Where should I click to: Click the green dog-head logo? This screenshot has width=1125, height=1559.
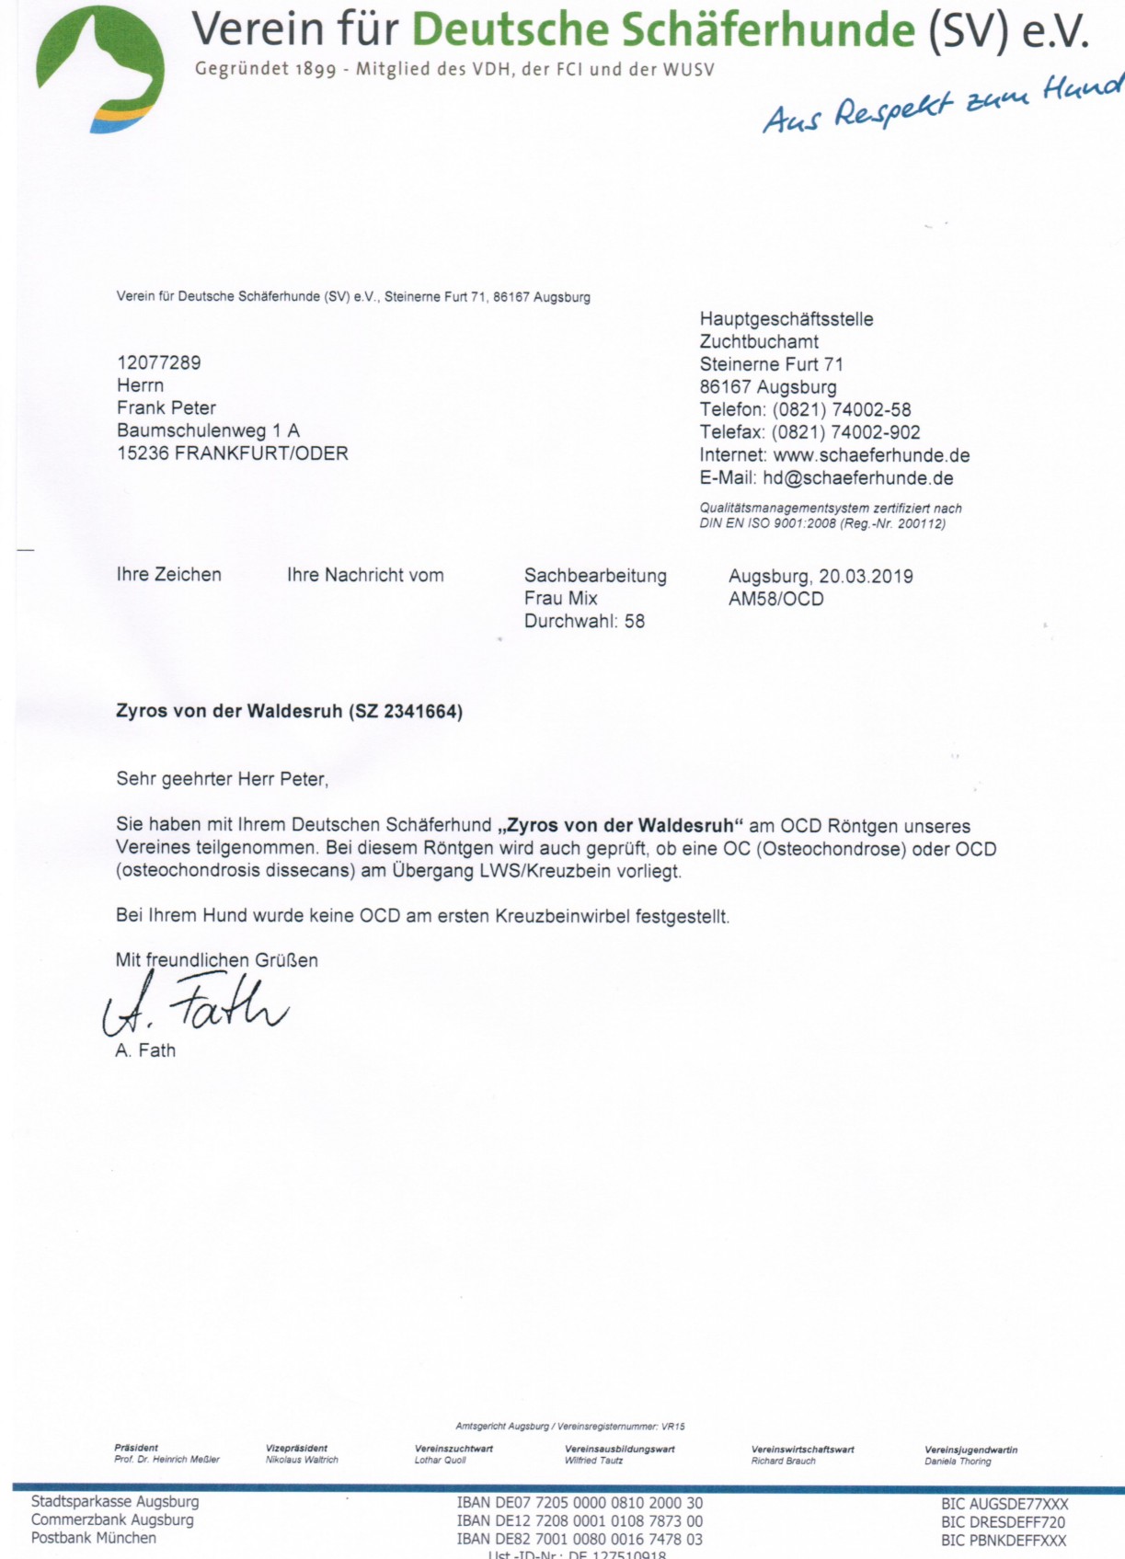point(99,69)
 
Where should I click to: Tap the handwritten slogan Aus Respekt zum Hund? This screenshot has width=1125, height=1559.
point(943,104)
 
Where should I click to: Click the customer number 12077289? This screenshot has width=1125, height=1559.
point(158,362)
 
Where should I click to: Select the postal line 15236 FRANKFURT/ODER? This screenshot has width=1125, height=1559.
point(232,453)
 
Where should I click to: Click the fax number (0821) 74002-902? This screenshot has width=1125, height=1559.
point(845,432)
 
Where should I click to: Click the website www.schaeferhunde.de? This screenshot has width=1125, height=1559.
point(871,455)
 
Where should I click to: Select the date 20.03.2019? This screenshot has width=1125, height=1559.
point(866,577)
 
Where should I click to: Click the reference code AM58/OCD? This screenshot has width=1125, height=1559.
point(775,599)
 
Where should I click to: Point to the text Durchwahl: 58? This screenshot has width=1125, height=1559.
point(584,622)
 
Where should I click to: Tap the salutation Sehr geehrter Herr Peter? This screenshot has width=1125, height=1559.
point(222,779)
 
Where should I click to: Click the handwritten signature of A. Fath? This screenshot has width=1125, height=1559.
point(195,1005)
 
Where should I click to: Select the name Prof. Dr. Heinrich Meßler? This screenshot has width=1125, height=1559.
point(166,1460)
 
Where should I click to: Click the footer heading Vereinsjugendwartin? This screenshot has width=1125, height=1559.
point(970,1450)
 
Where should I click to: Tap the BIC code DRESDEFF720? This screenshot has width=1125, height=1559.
point(1004,1522)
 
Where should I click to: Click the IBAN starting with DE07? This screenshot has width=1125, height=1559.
point(580,1504)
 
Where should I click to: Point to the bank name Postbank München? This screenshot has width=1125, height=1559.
point(94,1538)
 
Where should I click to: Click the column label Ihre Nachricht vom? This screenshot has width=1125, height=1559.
point(365,576)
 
